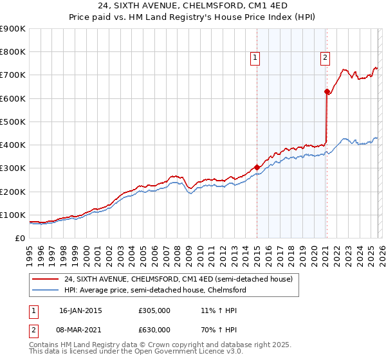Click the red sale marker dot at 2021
point(327,92)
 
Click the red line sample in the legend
point(46,279)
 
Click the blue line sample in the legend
point(46,290)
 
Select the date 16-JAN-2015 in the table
point(80,310)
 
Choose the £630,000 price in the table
point(154,330)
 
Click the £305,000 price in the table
point(154,310)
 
